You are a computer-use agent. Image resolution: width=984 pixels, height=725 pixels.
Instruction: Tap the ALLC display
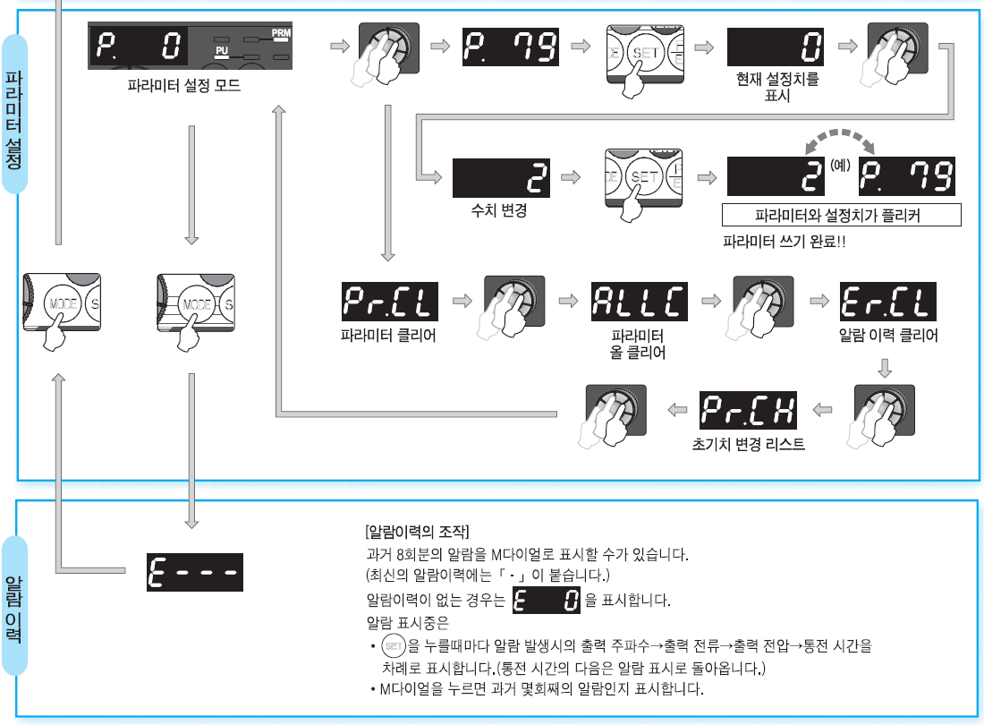[640, 303]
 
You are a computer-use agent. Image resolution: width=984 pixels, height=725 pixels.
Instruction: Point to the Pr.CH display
[747, 410]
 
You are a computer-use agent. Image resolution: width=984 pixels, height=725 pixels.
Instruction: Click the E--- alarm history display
[194, 571]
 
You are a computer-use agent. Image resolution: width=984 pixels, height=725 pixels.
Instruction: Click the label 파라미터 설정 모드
[184, 87]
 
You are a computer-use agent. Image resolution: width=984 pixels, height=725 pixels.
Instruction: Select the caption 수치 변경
[499, 212]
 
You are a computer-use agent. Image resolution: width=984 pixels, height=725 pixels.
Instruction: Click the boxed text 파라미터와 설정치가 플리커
[841, 216]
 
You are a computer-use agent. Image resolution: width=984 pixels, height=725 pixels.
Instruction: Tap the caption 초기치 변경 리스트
[748, 443]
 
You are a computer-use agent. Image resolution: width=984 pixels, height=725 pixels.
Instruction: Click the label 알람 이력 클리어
[887, 337]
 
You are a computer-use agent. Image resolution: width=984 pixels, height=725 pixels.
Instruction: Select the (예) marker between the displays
[839, 166]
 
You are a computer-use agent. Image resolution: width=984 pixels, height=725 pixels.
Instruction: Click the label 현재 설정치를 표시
[776, 87]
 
